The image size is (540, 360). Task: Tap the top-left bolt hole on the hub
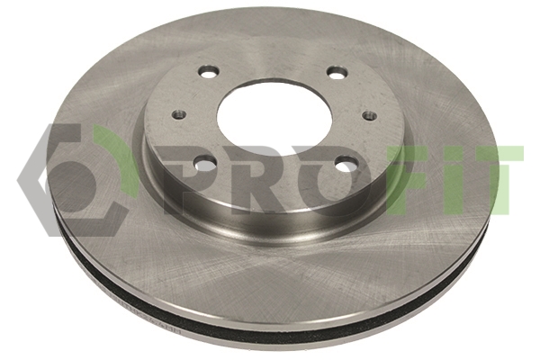[x=209, y=72]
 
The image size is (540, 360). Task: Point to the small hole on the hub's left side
[x=179, y=114]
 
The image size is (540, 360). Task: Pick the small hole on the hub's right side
[x=370, y=114]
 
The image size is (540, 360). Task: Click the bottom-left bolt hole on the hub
[x=204, y=162]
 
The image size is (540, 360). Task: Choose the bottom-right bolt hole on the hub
[x=346, y=163]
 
